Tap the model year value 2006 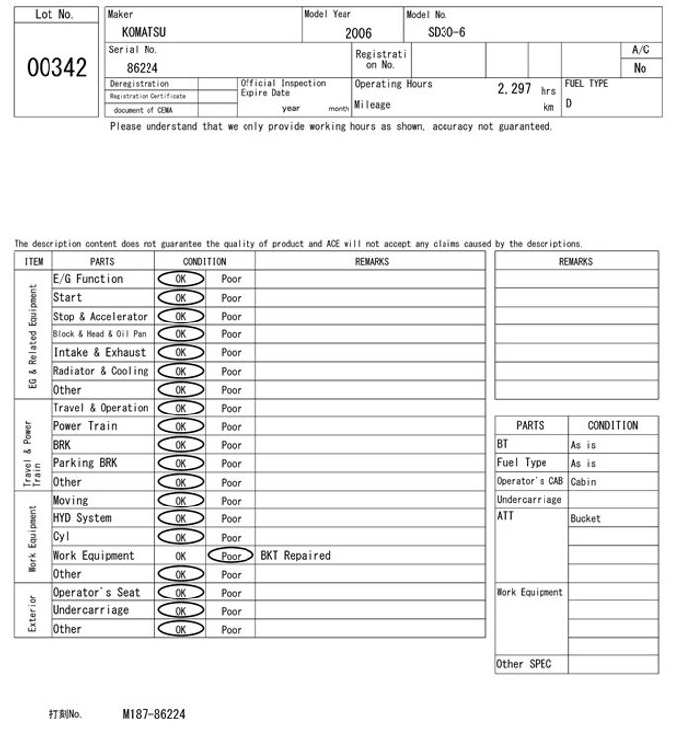pos(358,33)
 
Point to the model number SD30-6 pos(446,32)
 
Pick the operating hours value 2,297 pos(514,89)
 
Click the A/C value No pos(640,69)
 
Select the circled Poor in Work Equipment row pos(231,556)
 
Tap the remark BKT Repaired pos(295,556)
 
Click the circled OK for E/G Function pos(180,279)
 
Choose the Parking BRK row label pos(85,463)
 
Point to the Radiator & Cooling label pos(101,371)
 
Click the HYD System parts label pos(82,518)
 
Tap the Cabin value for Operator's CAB pos(583,482)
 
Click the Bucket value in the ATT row pos(585,518)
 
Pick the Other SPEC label pos(524,664)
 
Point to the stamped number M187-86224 pos(153,713)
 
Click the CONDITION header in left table pos(204,261)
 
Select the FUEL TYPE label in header pos(586,84)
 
